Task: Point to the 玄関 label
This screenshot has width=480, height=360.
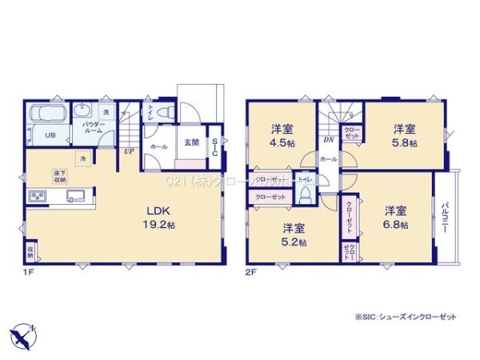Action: tap(191, 142)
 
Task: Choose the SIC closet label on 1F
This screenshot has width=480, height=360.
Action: tap(214, 149)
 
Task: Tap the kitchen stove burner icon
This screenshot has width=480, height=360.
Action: tap(38, 198)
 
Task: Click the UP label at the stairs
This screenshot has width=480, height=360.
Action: tap(129, 150)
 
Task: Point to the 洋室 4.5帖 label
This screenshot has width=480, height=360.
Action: tap(279, 136)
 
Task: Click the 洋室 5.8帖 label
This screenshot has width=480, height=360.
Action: tap(404, 136)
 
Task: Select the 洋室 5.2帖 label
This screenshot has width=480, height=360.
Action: tap(293, 233)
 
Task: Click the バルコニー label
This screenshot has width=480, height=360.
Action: tap(445, 218)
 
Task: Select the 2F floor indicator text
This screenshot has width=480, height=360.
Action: tap(250, 273)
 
